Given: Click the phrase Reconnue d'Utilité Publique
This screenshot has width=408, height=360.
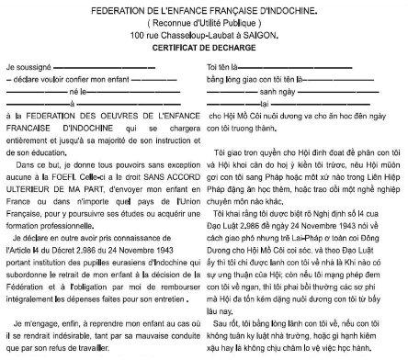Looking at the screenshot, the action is coord(204,17).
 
